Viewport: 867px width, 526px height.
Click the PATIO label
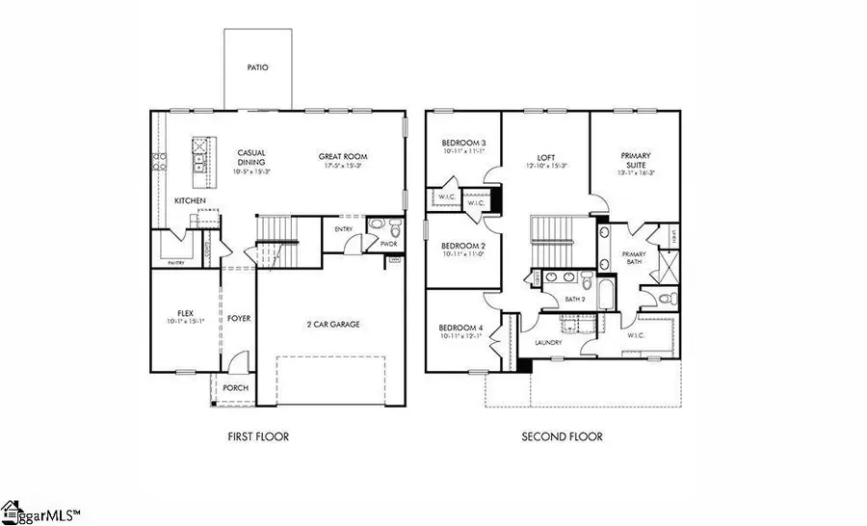pos(257,68)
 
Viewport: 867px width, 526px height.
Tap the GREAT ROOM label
pos(344,156)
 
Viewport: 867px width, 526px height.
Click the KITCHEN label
pos(189,200)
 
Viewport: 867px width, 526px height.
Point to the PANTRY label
pos(176,262)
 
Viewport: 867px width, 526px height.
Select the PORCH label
pos(235,388)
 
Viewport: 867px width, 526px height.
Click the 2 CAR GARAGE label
pos(332,325)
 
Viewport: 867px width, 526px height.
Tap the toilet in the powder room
pos(377,228)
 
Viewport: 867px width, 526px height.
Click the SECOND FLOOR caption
pos(563,436)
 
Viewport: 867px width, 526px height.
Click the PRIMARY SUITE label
pos(636,160)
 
